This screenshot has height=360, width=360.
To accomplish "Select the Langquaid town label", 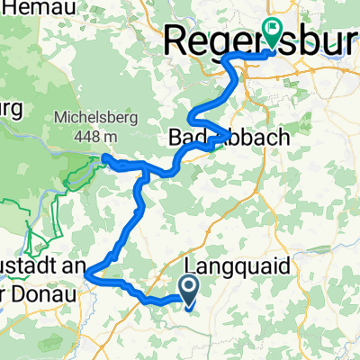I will tap(226, 268).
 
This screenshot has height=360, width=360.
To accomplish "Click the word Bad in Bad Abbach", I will tap(186, 137).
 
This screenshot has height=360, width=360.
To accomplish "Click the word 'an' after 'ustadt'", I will tap(76, 267).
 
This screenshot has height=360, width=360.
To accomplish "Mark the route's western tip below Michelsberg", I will tap(104, 158).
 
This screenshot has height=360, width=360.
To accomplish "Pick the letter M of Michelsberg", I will tap(59, 117).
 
